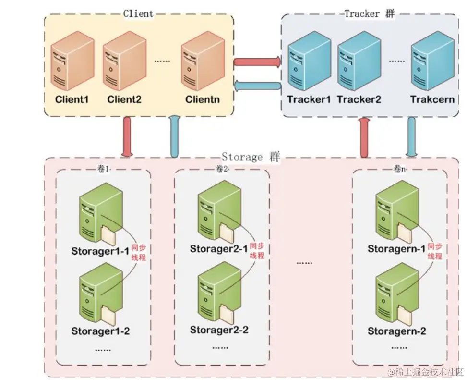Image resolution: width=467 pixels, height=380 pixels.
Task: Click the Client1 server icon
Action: (72, 61)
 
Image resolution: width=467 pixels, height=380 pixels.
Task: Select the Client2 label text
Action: (124, 99)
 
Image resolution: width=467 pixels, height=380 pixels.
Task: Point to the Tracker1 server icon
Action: (305, 61)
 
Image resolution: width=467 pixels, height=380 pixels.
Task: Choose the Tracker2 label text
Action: (359, 99)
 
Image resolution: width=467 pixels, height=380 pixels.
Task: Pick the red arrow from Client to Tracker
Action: (257, 62)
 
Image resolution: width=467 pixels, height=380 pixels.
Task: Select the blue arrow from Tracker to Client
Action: (257, 86)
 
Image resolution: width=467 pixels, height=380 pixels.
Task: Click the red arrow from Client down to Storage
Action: (127, 137)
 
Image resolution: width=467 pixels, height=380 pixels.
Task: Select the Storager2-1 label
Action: (219, 248)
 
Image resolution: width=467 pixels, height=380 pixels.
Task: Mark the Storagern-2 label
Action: (396, 331)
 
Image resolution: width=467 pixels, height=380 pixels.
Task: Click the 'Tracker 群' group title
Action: (369, 13)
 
